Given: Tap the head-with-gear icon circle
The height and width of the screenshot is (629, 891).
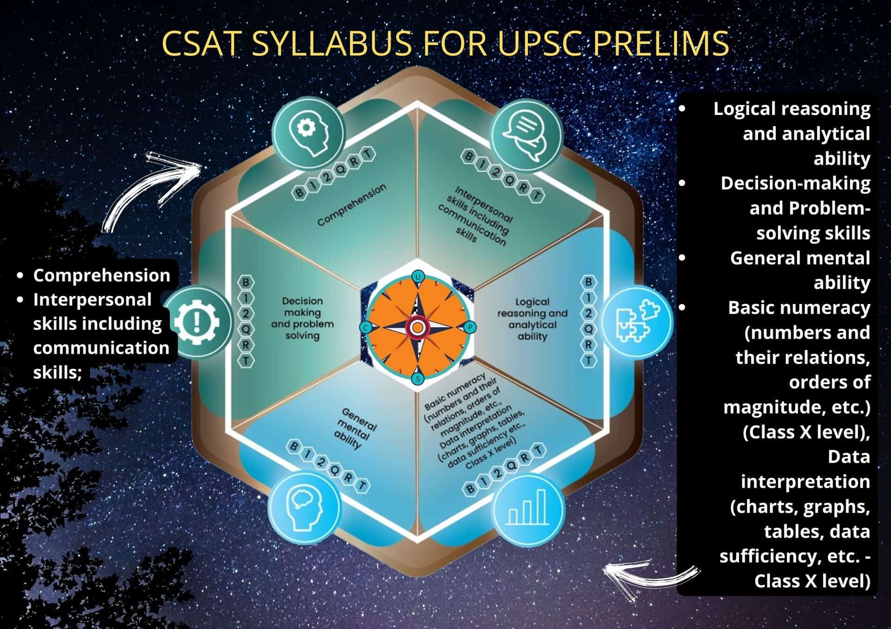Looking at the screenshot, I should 308,133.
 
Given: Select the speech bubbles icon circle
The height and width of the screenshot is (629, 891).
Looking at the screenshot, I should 526,134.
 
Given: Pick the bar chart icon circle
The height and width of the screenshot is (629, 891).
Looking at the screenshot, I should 528,509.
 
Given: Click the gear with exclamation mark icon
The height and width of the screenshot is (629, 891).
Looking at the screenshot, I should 199,322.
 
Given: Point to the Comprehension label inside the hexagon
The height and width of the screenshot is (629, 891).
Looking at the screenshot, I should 352,205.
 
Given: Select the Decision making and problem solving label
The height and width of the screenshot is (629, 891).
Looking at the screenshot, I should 303,318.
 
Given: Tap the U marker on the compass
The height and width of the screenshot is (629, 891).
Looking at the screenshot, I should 418,277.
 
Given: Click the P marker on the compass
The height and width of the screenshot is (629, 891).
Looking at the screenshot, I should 470,327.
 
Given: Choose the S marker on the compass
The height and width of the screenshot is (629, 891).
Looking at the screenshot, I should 418,379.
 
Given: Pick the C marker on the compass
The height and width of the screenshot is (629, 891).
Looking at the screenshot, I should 366,328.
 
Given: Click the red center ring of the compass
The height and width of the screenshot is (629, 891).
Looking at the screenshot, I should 418,328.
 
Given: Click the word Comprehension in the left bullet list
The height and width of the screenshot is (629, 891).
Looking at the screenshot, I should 101,275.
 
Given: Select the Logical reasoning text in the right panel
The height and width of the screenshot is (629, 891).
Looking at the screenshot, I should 792,109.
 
